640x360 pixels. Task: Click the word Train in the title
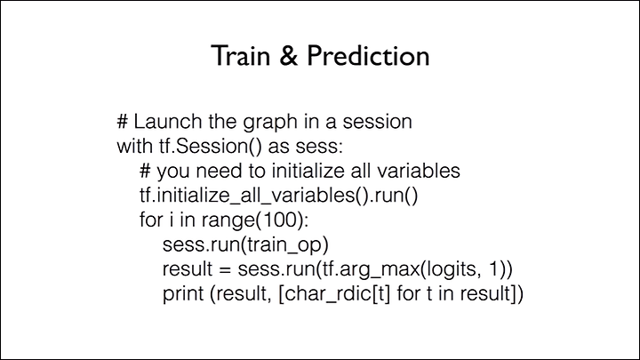coord(241,55)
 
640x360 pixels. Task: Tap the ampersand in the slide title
coord(289,55)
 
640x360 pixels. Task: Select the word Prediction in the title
coord(368,55)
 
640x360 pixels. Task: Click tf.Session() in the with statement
coord(210,147)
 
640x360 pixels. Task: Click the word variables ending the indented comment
coord(419,171)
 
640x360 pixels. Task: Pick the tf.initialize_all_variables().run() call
coord(279,196)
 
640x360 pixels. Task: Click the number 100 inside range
coord(279,220)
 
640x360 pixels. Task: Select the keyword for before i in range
coord(151,220)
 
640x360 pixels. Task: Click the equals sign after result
coord(225,269)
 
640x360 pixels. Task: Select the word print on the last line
coord(184,294)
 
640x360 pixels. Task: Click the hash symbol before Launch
coord(123,122)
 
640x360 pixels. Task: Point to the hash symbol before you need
coord(145,171)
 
